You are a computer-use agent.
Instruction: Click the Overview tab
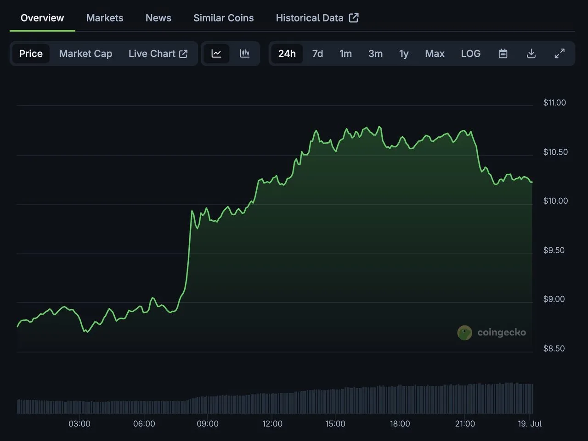[x=42, y=18]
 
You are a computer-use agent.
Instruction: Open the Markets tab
[x=105, y=18]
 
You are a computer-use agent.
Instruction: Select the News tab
[x=158, y=18]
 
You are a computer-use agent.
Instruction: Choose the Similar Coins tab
[x=224, y=18]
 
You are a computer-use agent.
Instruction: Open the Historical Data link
[x=317, y=18]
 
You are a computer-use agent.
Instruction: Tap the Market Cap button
[x=85, y=54]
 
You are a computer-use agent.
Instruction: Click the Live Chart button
[x=158, y=54]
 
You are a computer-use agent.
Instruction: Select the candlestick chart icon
[x=244, y=54]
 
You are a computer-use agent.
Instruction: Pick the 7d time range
[x=317, y=54]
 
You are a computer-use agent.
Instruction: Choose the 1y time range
[x=404, y=54]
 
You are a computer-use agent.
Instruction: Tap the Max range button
[x=435, y=54]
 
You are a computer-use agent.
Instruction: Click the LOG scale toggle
[x=471, y=54]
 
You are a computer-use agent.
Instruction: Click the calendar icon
[x=503, y=54]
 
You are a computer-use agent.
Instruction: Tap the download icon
[x=531, y=54]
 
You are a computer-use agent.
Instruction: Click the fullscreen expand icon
[x=560, y=54]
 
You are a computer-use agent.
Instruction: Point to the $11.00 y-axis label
[x=554, y=102]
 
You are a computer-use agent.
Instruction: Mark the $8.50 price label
[x=554, y=348]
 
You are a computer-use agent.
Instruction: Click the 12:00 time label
[x=272, y=424]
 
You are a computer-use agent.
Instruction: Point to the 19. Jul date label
[x=530, y=424]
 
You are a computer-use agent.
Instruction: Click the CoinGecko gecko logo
[x=464, y=333]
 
